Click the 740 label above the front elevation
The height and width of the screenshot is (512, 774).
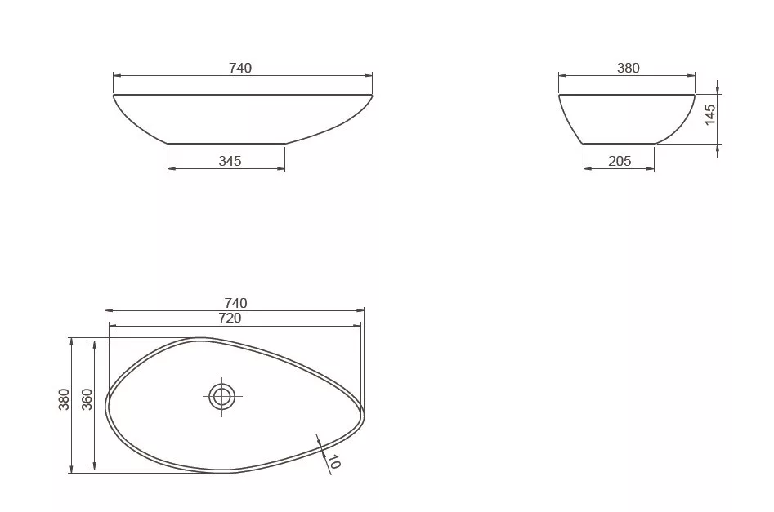(240, 68)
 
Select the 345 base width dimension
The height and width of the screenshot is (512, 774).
(230, 161)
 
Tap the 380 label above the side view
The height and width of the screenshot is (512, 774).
(629, 68)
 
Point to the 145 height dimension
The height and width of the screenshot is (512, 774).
(709, 114)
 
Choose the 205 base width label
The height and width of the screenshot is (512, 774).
(620, 161)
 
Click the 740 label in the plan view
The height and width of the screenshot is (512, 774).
(236, 302)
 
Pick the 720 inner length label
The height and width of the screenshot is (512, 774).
(230, 318)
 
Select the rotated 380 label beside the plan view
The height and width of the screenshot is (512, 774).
(65, 399)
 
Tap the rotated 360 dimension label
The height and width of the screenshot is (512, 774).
(87, 399)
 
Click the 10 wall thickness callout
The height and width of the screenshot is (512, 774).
(334, 461)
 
